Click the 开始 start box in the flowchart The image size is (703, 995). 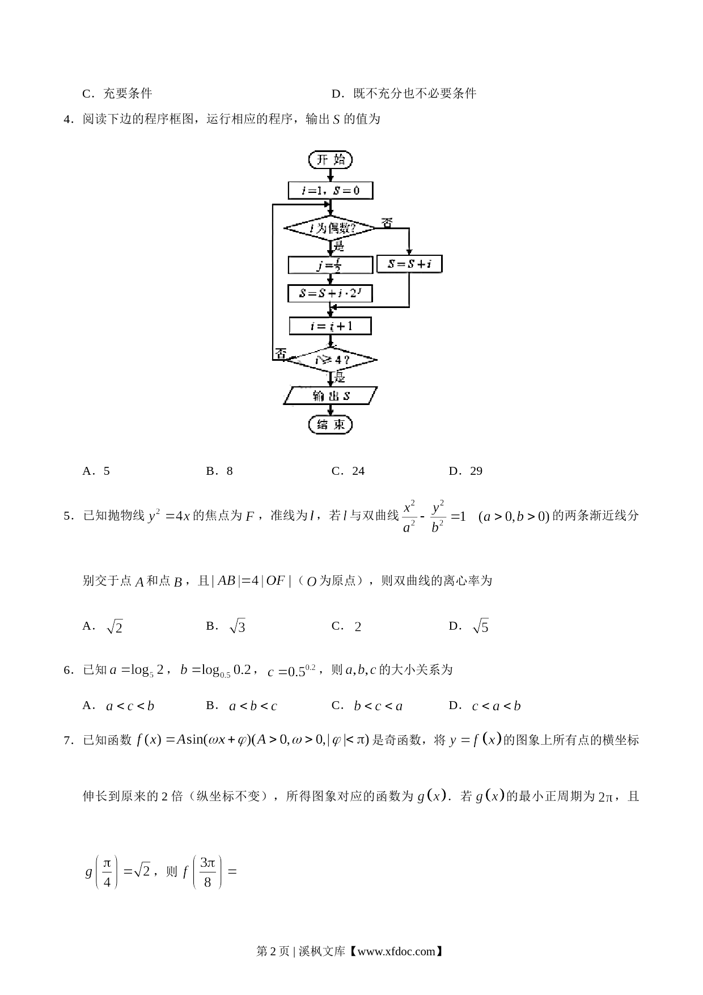coord(331,160)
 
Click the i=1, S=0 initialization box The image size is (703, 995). coord(331,191)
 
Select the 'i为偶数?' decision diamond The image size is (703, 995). coord(329,229)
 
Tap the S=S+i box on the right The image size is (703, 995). coord(409,264)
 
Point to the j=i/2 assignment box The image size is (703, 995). coord(331,265)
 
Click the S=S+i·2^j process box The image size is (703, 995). coord(331,293)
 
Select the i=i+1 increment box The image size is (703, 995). coord(331,326)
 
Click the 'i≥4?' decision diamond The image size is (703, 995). coord(331,360)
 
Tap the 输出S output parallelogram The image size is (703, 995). coord(331,395)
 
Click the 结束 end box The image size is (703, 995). coord(331,425)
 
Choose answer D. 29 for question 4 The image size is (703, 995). coord(465,471)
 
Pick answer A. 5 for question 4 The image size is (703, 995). coord(96,471)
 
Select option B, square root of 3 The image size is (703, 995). coord(226,626)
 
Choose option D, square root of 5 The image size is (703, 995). coord(469,626)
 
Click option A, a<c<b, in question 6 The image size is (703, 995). coord(118,706)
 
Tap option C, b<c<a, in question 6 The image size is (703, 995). coord(367,706)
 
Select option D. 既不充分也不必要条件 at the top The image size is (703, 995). coord(404,94)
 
